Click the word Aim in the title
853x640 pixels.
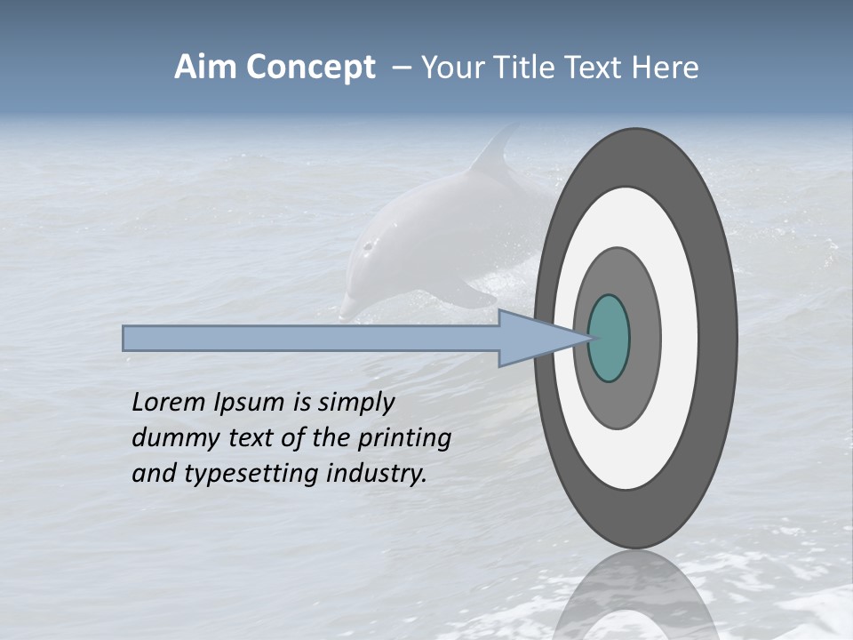[x=206, y=68]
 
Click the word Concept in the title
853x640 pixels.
[x=310, y=68]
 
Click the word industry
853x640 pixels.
[x=377, y=473]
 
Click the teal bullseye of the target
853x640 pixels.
[x=609, y=338]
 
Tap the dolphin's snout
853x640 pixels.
[x=349, y=308]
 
